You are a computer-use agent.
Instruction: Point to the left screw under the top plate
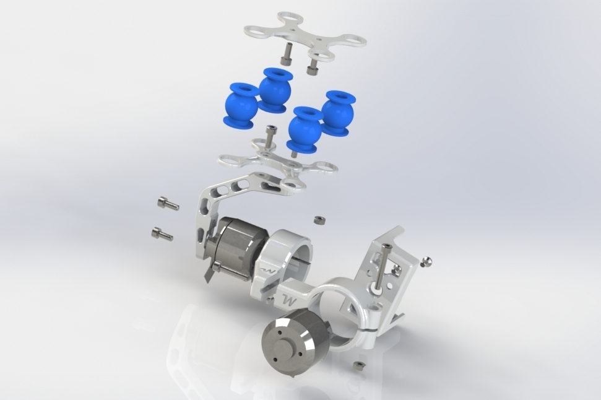285,55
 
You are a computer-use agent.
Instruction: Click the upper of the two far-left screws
168,204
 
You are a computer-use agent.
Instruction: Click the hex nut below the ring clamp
357,366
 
